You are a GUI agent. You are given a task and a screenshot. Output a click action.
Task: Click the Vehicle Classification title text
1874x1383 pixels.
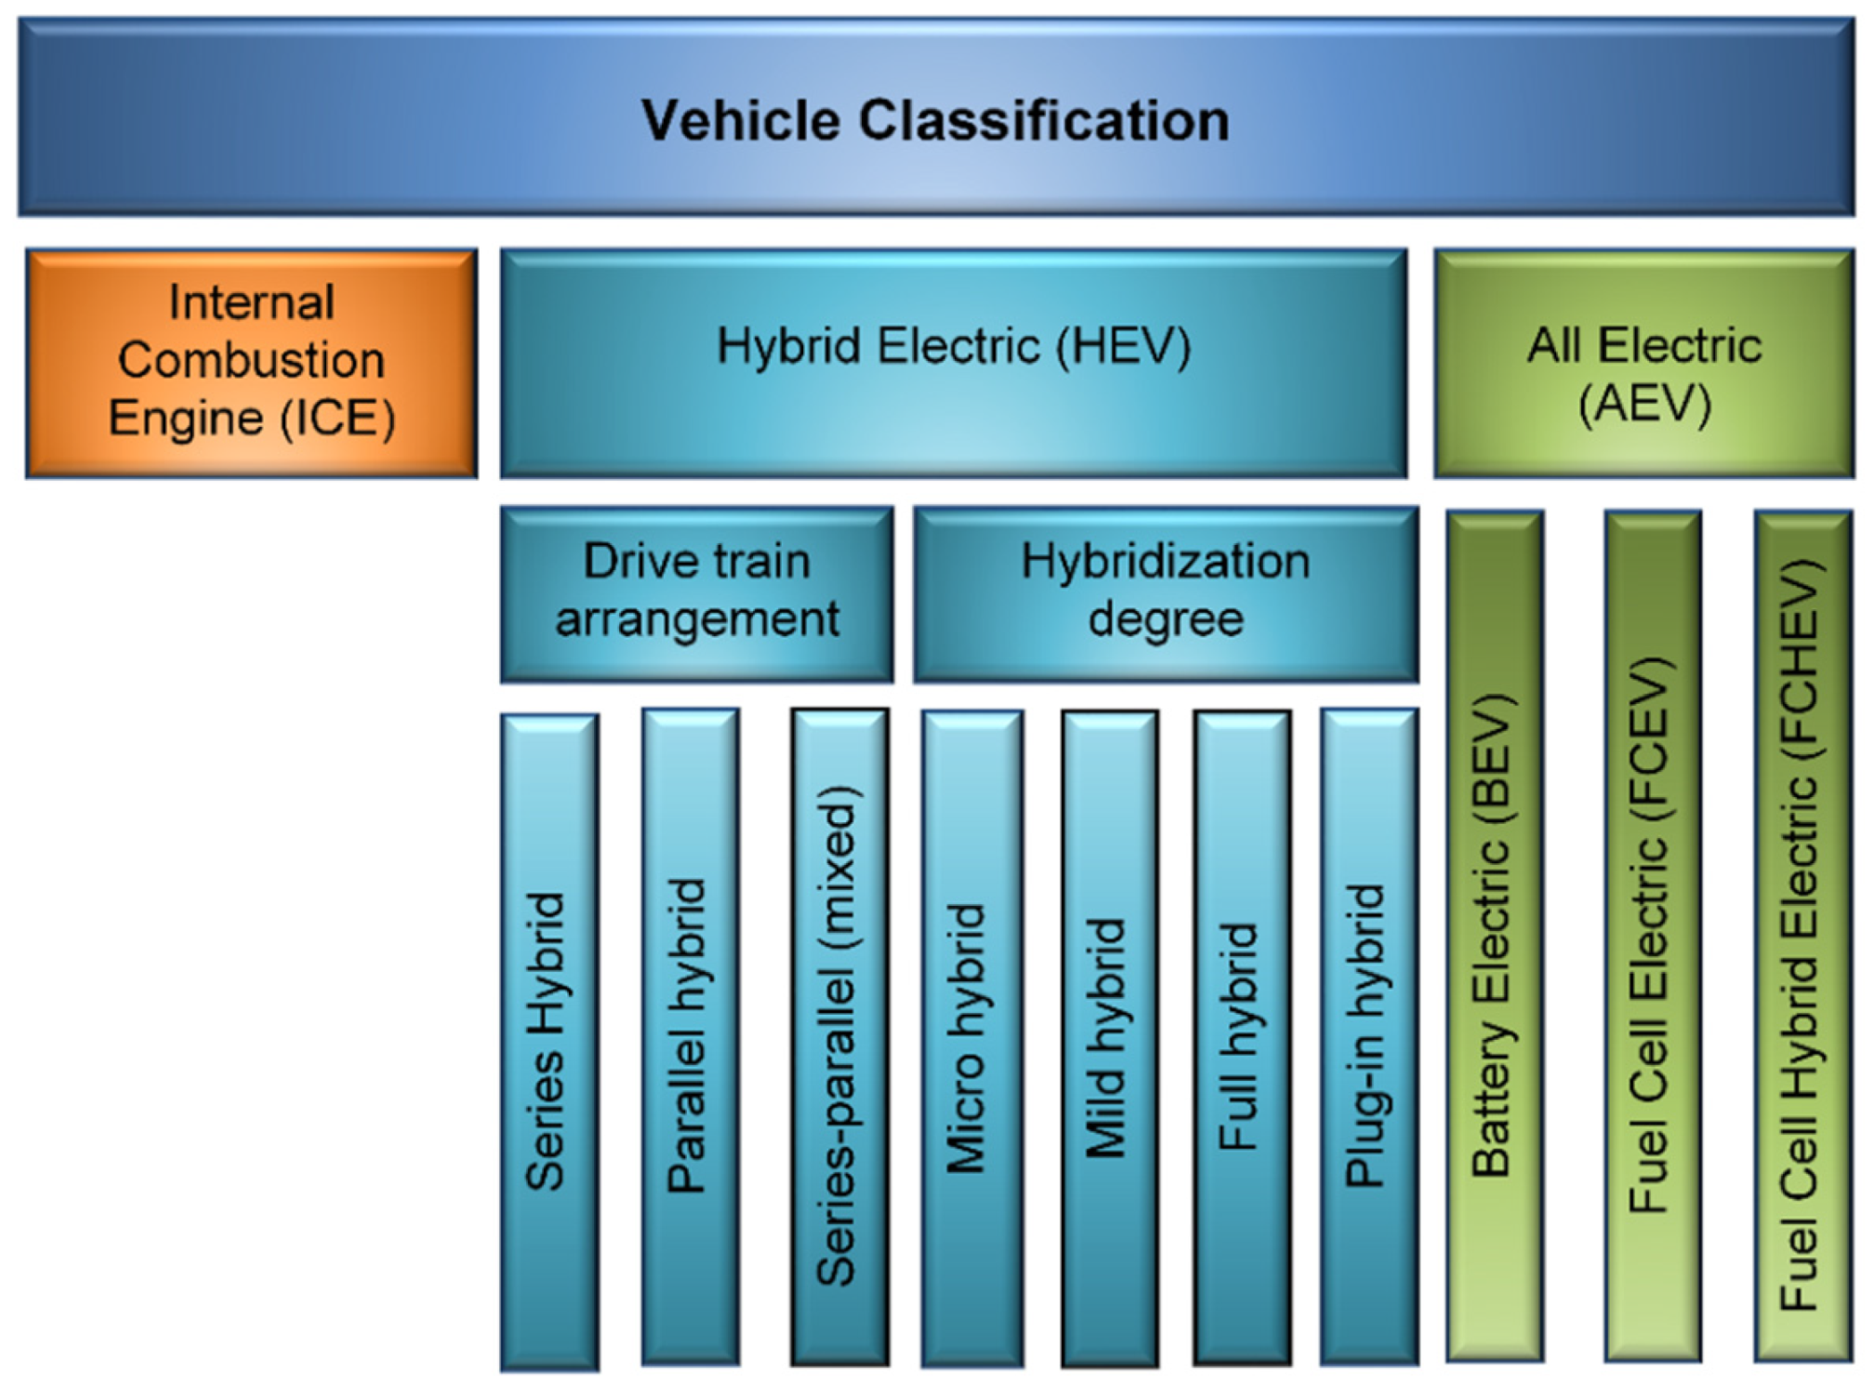tap(935, 121)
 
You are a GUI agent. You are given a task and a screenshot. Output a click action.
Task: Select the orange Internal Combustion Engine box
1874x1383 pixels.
tap(251, 363)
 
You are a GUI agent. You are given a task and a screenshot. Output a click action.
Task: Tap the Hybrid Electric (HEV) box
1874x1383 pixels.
tap(954, 363)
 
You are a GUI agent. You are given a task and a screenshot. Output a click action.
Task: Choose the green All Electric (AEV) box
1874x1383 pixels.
tap(1643, 363)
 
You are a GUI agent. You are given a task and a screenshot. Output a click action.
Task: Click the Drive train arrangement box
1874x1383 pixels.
tap(696, 592)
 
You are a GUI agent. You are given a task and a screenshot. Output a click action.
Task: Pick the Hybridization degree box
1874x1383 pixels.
tap(1166, 592)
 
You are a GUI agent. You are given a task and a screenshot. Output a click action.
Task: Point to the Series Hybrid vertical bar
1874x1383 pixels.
tap(548, 1042)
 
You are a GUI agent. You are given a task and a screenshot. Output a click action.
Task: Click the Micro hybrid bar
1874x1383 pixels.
tap(971, 1037)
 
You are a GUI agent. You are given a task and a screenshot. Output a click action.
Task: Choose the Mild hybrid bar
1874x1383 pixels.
tap(1110, 1037)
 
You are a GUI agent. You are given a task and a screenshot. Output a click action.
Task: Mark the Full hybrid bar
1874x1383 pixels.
tap(1242, 1037)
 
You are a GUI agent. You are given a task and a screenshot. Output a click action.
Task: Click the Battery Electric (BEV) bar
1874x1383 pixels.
tap(1494, 935)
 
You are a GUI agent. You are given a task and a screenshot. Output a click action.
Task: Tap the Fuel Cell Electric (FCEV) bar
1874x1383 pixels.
tap(1652, 935)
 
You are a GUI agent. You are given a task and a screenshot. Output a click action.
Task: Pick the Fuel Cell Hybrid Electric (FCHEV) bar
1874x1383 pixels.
tap(1802, 935)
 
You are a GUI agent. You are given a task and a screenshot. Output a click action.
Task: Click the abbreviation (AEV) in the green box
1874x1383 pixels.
tap(1644, 404)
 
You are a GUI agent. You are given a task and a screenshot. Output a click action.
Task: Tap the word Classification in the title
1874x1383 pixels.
tap(1044, 121)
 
